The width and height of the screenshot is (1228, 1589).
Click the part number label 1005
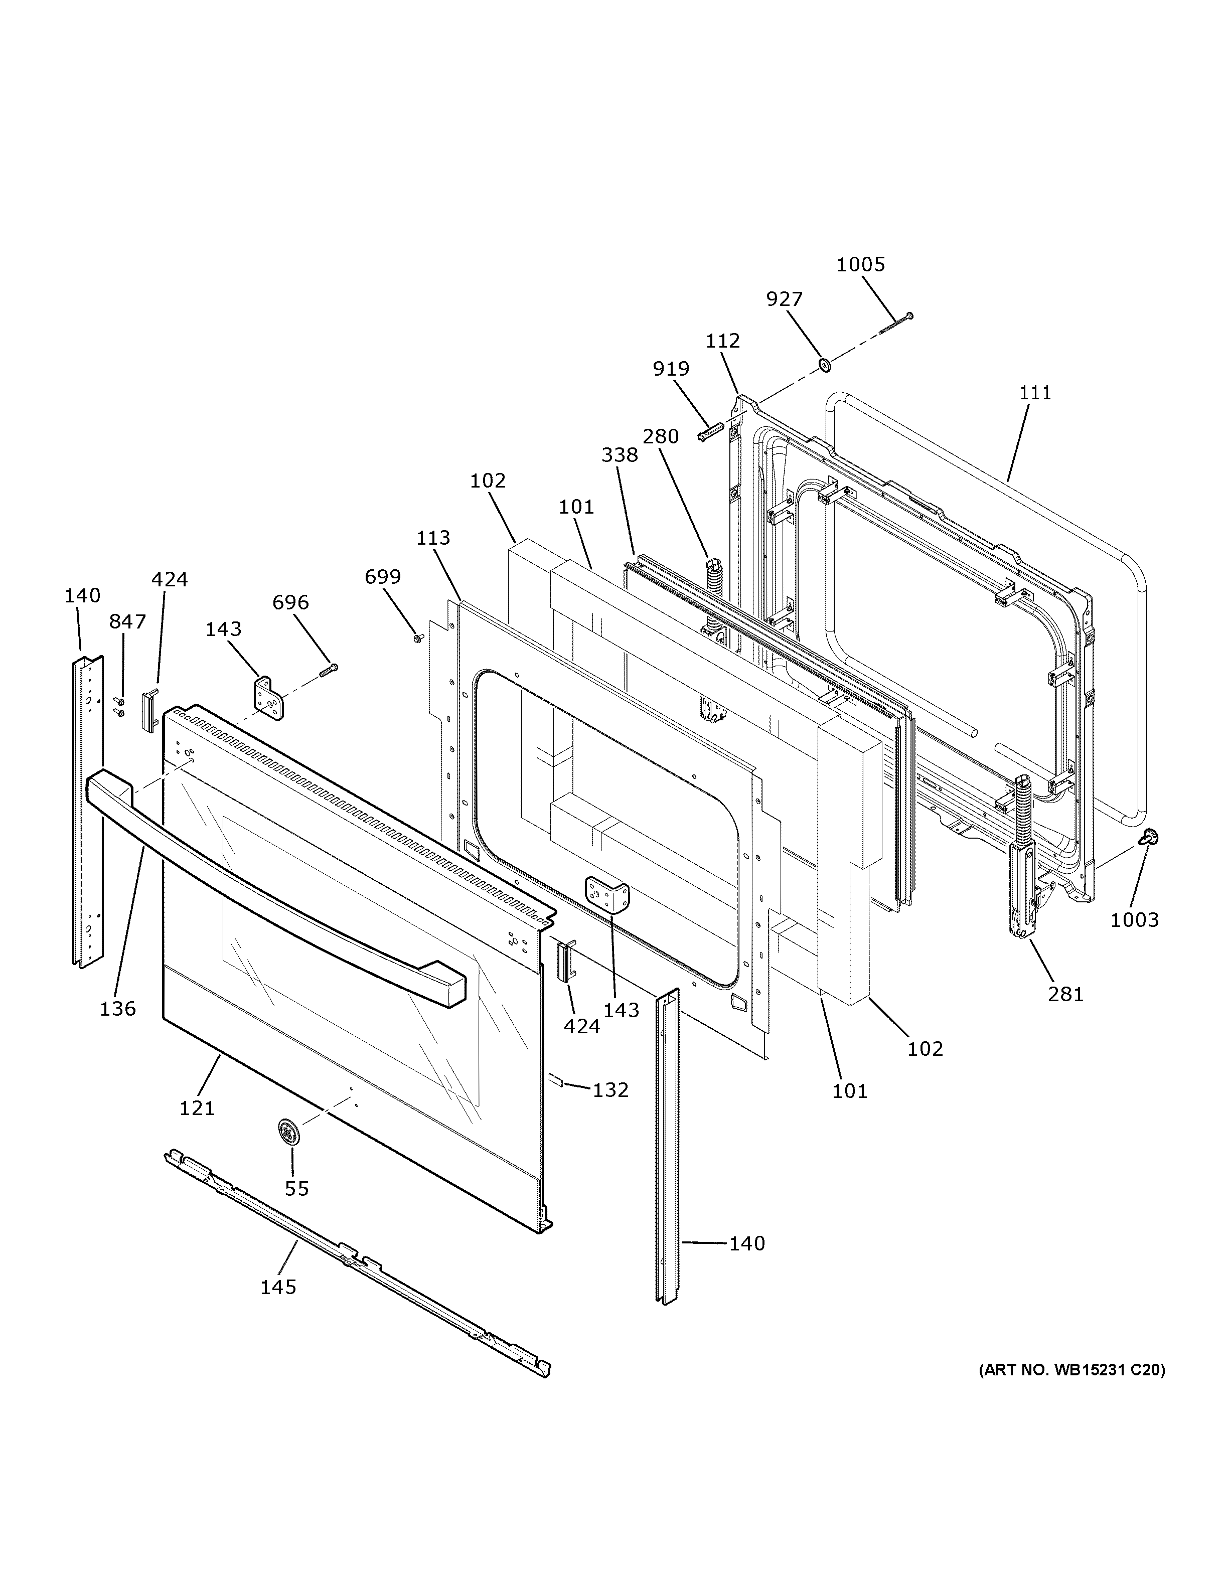pyautogui.click(x=861, y=264)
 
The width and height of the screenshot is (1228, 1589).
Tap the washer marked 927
pyautogui.click(x=826, y=363)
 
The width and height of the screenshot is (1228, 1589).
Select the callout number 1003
pyautogui.click(x=1134, y=919)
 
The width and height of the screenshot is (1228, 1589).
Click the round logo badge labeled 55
pyautogui.click(x=289, y=1134)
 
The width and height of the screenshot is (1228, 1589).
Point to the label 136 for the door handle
pyautogui.click(x=118, y=1008)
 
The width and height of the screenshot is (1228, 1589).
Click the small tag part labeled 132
pyautogui.click(x=556, y=1080)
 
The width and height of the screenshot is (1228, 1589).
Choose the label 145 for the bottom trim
pyautogui.click(x=278, y=1287)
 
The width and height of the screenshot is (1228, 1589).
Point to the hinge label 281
pyautogui.click(x=1066, y=993)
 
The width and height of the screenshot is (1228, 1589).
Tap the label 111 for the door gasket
pyautogui.click(x=1036, y=393)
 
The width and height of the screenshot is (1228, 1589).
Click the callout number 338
pyautogui.click(x=620, y=455)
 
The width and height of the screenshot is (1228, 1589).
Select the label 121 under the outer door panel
pyautogui.click(x=197, y=1107)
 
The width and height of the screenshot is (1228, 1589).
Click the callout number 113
pyautogui.click(x=433, y=538)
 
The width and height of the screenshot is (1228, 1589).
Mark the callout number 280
pyautogui.click(x=661, y=436)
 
